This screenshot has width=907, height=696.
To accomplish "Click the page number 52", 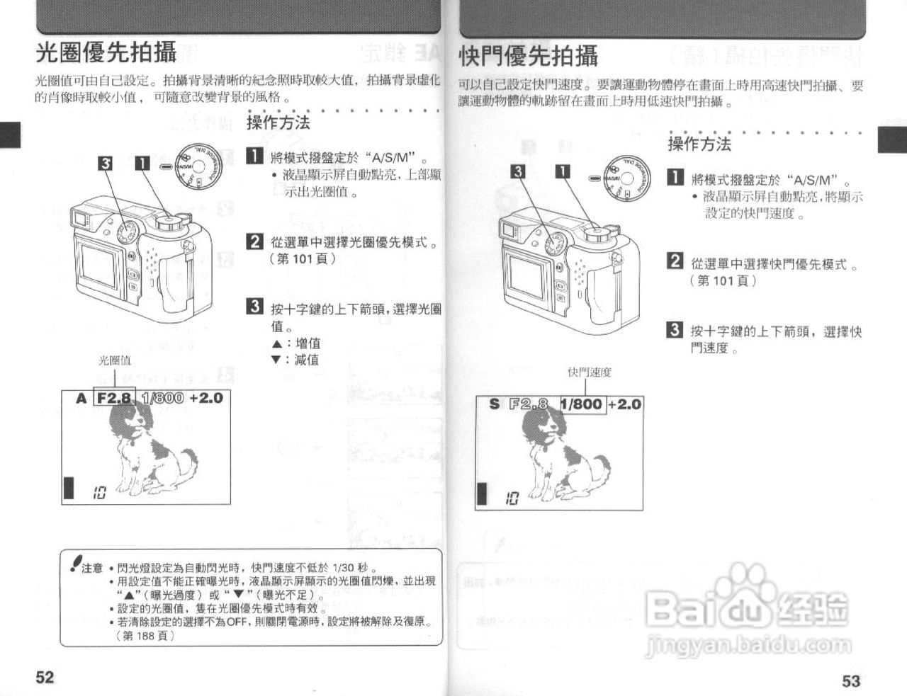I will point(45,677).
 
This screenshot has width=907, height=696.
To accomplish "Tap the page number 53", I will point(851,680).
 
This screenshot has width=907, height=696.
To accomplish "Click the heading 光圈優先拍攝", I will point(106,53).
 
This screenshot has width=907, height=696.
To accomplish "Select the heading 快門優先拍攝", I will point(529,56).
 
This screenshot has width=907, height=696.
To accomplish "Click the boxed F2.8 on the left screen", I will point(114,398).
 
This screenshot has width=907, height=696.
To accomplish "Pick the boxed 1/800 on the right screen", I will point(583,404).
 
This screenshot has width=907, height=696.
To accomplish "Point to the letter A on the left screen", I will point(81,399).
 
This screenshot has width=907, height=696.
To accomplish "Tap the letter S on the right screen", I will point(495,404).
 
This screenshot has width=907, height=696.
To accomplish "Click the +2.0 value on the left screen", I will point(206,398).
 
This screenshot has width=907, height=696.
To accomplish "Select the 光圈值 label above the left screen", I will point(114,360).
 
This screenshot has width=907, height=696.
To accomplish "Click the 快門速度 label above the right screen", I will point(589,372).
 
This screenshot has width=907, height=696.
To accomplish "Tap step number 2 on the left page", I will point(254,241).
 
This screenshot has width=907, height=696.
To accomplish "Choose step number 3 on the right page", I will point(675,329).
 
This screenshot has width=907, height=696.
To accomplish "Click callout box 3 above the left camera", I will point(105,164).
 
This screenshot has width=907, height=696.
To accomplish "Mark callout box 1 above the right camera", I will point(563,171).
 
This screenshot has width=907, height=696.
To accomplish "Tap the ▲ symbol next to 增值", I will point(276,344).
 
